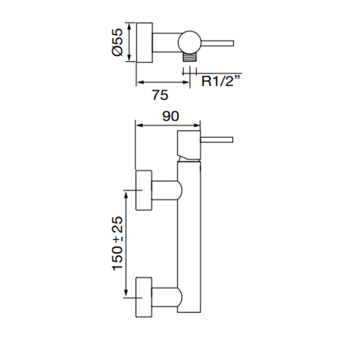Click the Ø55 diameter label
coord(117,43)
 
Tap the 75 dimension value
coord(161,95)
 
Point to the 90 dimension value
coord(170,116)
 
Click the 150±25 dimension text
coord(118,243)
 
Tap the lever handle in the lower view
coord(217,139)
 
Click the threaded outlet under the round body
coord(190,58)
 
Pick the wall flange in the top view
coord(145,42)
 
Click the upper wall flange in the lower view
coord(143,190)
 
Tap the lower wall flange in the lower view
coord(143,297)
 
